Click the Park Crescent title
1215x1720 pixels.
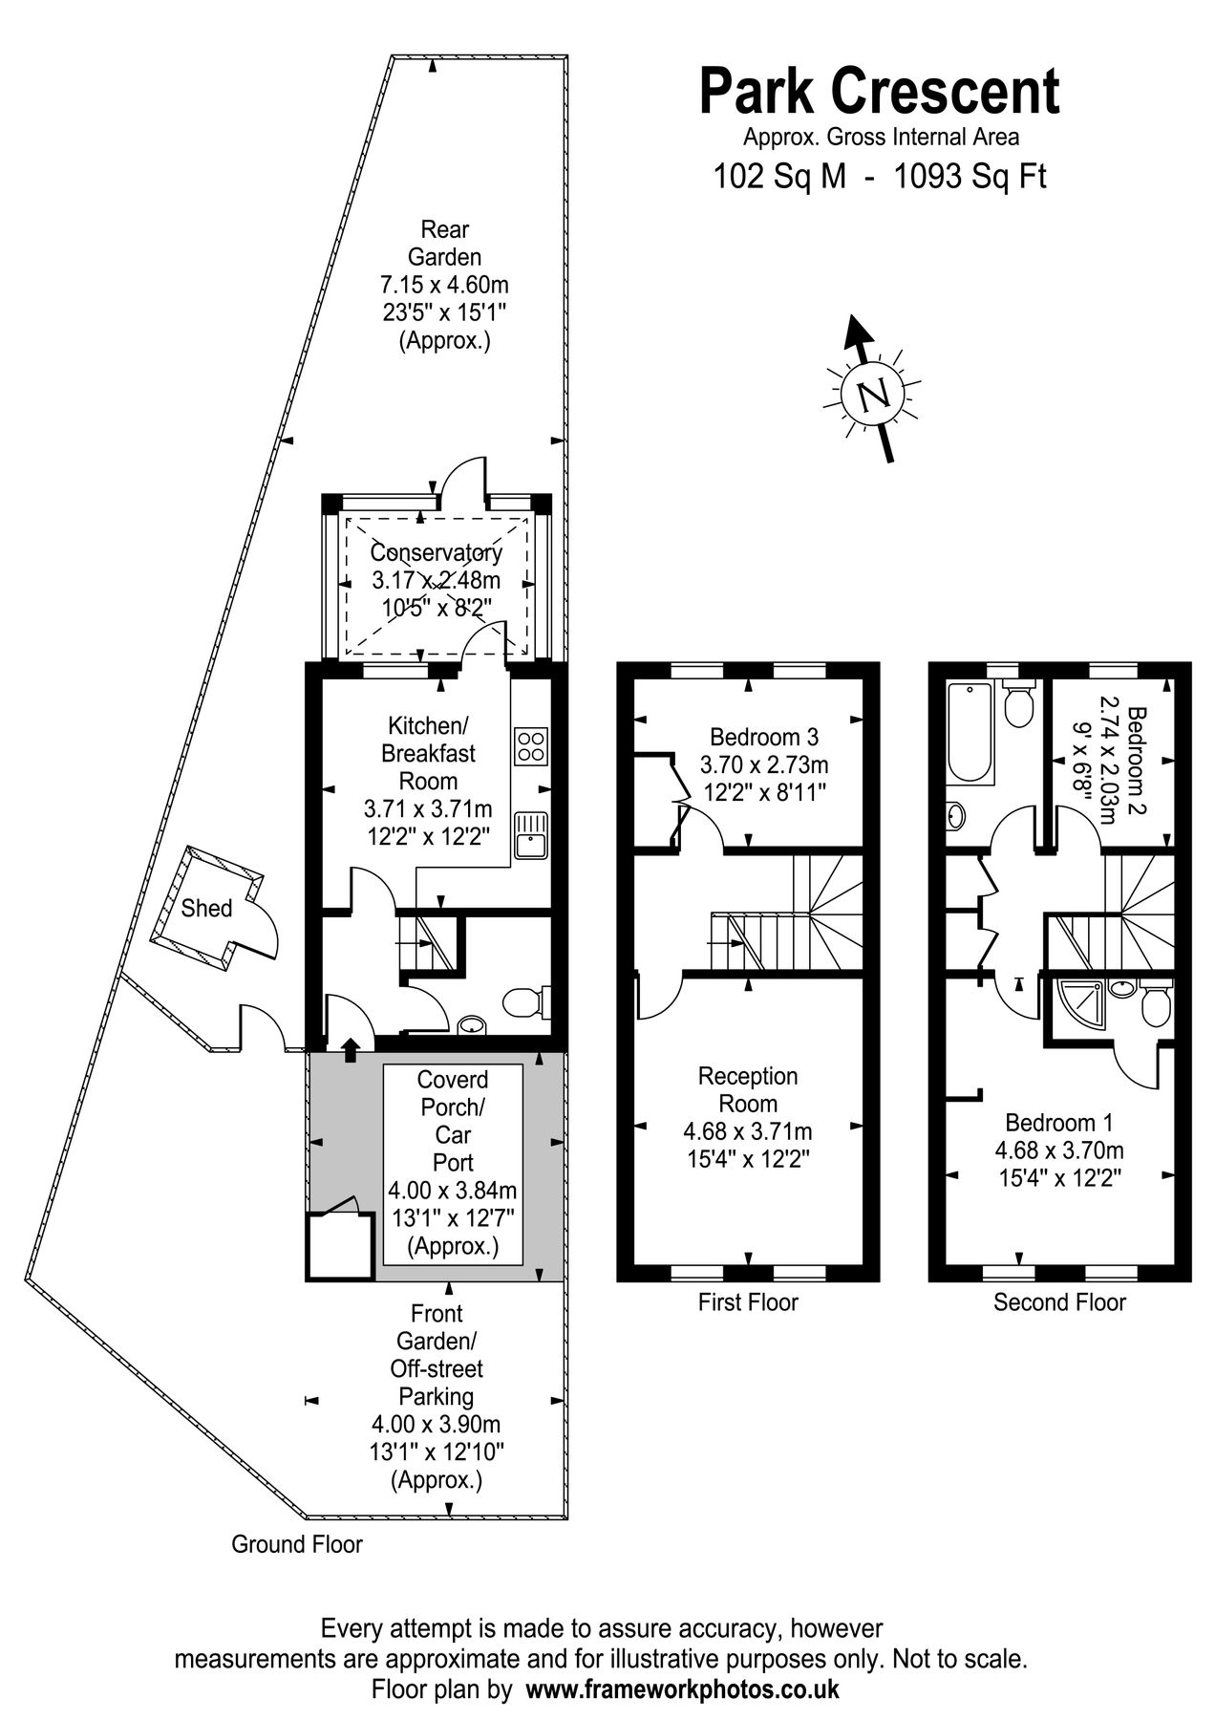pyautogui.click(x=879, y=93)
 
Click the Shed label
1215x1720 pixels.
pyautogui.click(x=207, y=908)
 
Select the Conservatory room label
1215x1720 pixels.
pyautogui.click(x=436, y=552)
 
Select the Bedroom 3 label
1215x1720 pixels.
pyautogui.click(x=764, y=738)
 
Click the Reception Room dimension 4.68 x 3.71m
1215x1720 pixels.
pyautogui.click(x=748, y=1132)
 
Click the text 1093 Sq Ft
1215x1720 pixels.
pyautogui.click(x=970, y=177)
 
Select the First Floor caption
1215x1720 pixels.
pyautogui.click(x=748, y=1301)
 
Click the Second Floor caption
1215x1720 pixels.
pyautogui.click(x=1059, y=1301)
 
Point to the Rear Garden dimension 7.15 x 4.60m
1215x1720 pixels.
pyautogui.click(x=444, y=285)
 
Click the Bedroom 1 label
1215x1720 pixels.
pyautogui.click(x=1058, y=1123)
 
